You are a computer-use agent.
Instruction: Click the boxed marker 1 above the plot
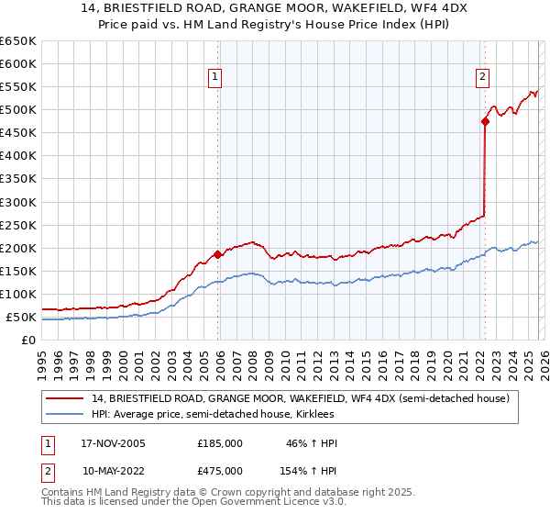[x=215, y=78]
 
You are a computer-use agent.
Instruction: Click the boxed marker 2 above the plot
[x=482, y=78]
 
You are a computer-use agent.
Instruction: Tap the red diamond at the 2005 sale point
[x=217, y=254]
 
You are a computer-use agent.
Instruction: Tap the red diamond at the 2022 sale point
[x=485, y=120]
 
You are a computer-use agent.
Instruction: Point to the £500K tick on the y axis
[x=18, y=110]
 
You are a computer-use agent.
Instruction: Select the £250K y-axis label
[x=18, y=225]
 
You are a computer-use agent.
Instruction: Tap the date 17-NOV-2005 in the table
[x=114, y=443]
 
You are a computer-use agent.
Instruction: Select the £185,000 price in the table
[x=220, y=443]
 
